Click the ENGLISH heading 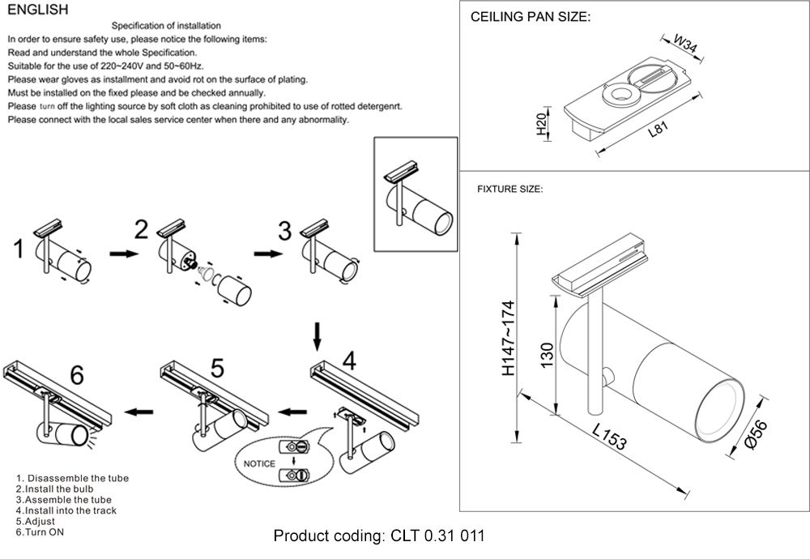pyautogui.click(x=37, y=11)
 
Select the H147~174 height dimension pyautogui.click(x=508, y=339)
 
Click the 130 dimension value pyautogui.click(x=548, y=353)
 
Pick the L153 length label pyautogui.click(x=607, y=437)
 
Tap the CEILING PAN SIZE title pyautogui.click(x=531, y=17)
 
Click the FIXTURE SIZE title pyautogui.click(x=509, y=190)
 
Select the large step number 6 pyautogui.click(x=77, y=375)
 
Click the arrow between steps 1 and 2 pyautogui.click(x=122, y=254)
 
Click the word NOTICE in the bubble pyautogui.click(x=254, y=464)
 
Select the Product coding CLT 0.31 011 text pyautogui.click(x=379, y=536)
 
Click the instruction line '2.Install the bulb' pyautogui.click(x=54, y=489)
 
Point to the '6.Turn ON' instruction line pyautogui.click(x=40, y=532)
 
